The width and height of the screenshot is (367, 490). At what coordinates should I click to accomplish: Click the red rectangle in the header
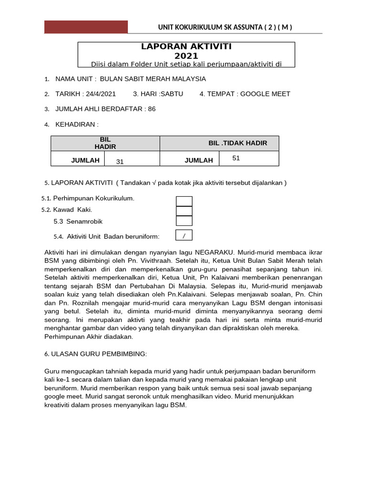86,27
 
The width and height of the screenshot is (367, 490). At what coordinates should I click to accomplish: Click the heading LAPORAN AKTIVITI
186,46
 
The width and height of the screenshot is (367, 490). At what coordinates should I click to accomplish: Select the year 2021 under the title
186,56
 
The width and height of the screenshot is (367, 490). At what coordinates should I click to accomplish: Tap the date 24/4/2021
99,94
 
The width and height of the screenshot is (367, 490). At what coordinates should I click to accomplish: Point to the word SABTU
172,94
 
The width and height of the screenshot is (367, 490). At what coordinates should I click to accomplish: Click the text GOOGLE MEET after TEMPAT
265,94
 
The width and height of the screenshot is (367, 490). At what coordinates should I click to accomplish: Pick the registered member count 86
152,109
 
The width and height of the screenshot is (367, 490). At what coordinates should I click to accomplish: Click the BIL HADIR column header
105,143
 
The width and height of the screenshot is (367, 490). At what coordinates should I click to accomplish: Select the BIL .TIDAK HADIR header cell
237,143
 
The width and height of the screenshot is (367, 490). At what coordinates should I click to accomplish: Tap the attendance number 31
120,162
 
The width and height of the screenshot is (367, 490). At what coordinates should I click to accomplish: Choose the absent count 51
236,158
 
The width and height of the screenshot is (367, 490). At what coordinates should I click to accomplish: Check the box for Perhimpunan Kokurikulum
184,201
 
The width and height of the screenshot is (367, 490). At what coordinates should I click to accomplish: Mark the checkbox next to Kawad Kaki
184,211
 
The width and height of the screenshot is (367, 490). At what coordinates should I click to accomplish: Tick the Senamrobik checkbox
184,221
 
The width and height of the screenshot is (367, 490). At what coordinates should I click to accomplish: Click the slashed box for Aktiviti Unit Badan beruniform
184,235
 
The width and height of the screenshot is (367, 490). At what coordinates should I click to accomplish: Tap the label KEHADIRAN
76,124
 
